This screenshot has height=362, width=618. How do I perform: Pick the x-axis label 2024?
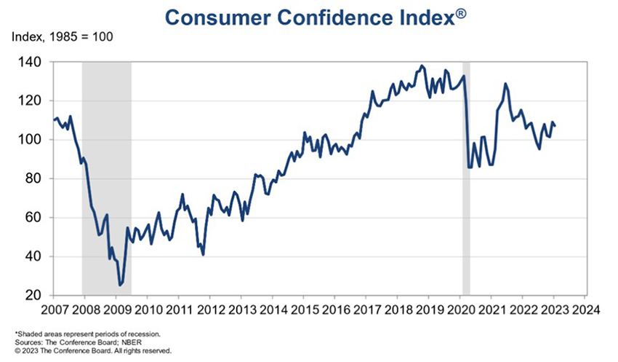tap(585, 308)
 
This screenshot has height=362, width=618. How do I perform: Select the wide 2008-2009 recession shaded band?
tap(106, 182)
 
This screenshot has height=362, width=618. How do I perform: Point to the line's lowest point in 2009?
tap(120, 286)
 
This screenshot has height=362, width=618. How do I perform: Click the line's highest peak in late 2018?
tap(422, 66)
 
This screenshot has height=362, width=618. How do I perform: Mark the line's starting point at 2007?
tap(54, 119)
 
